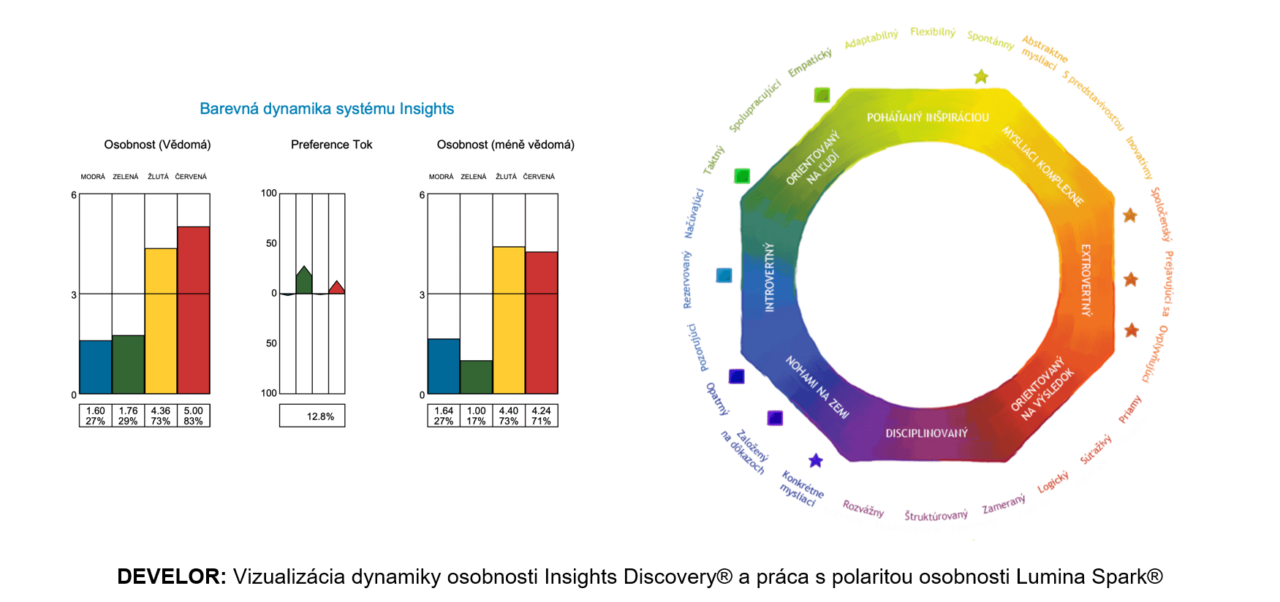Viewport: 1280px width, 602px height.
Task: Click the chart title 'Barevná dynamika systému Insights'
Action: pos(327,109)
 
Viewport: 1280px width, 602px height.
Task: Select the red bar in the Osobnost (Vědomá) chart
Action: pos(194,310)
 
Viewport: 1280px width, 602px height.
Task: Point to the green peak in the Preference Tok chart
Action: pos(304,281)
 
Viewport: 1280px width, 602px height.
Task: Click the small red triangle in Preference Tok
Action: pos(336,288)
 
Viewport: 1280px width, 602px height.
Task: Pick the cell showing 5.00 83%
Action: pos(194,416)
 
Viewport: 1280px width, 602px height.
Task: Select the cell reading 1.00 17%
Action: pos(477,416)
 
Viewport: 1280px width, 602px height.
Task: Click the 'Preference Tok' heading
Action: pos(331,145)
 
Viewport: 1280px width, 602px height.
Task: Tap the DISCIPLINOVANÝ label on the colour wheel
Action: pos(926,433)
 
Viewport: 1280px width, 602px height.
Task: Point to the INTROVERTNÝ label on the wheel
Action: pos(769,278)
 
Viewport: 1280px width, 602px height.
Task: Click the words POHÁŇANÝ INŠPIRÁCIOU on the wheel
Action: pos(928,117)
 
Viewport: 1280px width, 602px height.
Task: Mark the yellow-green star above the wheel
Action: pos(981,77)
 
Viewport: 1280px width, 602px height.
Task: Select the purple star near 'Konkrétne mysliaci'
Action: pos(816,460)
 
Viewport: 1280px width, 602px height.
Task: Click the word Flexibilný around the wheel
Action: pos(933,32)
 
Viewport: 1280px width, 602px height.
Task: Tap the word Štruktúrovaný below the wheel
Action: pos(936,516)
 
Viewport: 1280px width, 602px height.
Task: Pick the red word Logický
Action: pos(1053,482)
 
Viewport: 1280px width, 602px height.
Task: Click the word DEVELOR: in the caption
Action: pos(173,576)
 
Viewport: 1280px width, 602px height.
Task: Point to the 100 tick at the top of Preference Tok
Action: pos(269,193)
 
